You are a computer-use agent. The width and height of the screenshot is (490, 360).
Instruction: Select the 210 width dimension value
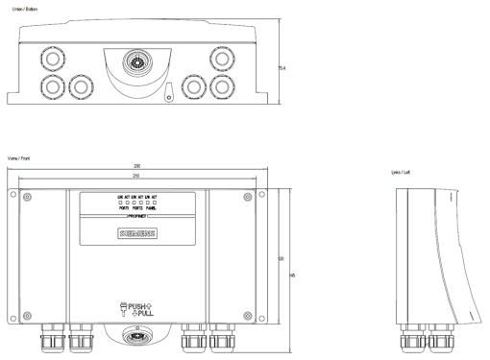(x=138, y=176)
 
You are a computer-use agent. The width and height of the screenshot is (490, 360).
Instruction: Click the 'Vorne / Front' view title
(x=17, y=157)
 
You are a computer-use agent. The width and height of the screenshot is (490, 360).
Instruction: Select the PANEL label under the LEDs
(x=152, y=208)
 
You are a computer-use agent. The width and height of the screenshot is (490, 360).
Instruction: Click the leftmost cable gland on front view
(x=48, y=336)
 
